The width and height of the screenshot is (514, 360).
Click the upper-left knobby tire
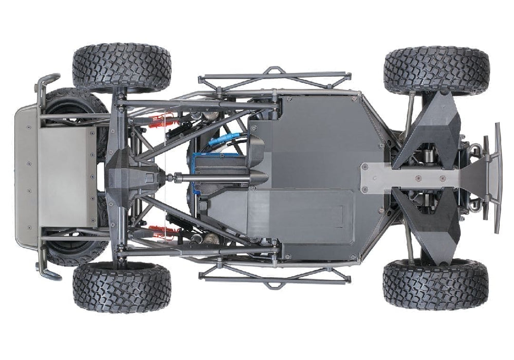122,68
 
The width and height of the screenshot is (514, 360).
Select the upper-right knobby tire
436,70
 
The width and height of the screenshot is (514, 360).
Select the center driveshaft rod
206,178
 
